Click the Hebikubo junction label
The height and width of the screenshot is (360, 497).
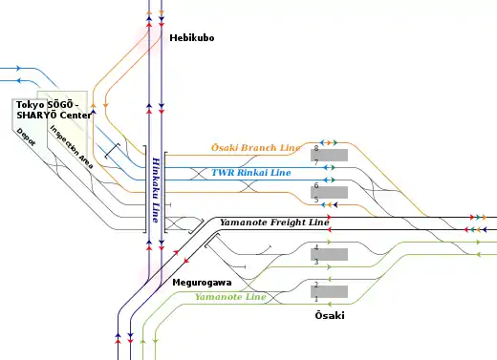[x=192, y=38]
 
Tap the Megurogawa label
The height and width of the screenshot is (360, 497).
[x=202, y=283]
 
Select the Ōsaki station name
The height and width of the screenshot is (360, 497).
[x=330, y=315]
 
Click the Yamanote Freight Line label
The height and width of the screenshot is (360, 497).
[x=274, y=222]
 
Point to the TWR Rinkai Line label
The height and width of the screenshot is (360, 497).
[x=251, y=173]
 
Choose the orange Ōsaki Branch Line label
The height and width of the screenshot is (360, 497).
[x=256, y=148]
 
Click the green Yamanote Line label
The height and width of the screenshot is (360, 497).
[x=230, y=297]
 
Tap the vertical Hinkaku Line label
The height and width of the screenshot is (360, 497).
[x=156, y=190]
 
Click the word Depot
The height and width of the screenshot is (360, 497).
[x=26, y=137]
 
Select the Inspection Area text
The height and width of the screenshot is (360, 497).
[x=72, y=147]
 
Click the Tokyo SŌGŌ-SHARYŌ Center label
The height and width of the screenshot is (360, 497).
[x=54, y=110]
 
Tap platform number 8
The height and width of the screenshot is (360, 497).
[x=316, y=148]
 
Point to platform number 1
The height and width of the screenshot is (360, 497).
[x=316, y=299]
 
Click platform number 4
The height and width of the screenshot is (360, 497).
[x=316, y=247]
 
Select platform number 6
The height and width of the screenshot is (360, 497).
[x=316, y=185]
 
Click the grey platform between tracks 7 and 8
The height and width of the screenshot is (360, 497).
[x=329, y=155]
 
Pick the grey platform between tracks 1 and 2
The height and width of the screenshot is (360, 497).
[x=329, y=291]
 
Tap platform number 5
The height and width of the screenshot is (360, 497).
[x=316, y=200]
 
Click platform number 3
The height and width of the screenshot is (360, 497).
[x=316, y=262]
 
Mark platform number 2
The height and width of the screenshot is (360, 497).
[x=316, y=285]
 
